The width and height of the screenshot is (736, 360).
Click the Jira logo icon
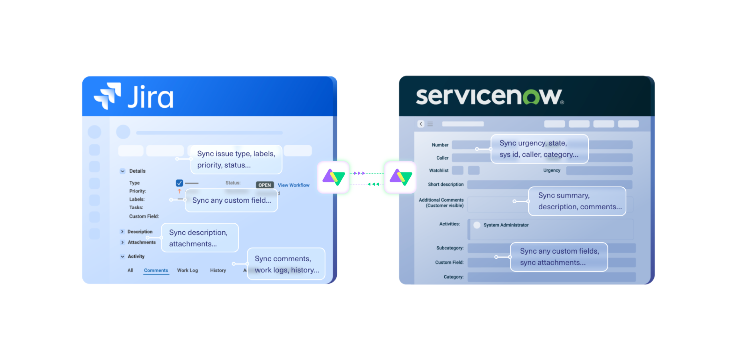[108, 96]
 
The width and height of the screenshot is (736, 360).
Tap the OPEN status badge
[265, 185]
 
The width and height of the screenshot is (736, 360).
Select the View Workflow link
[294, 185]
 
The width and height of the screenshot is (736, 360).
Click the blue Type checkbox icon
[179, 183]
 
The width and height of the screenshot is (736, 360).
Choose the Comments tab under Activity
[156, 270]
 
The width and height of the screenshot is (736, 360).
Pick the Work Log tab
[188, 270]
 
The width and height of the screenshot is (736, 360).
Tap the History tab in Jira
[218, 270]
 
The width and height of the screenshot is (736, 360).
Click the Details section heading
[137, 171]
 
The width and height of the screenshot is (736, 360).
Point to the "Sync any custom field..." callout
[232, 200]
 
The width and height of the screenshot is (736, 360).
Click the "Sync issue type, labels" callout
[236, 159]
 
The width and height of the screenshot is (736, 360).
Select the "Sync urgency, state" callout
[539, 149]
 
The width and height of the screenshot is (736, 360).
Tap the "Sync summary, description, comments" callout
[577, 201]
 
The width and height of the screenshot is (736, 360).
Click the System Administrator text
[506, 225]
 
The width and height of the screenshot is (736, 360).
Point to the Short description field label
[446, 184]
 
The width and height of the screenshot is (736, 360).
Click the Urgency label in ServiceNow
[552, 170]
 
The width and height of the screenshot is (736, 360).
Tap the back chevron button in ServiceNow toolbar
[421, 124]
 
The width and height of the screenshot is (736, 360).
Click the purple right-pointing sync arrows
[359, 173]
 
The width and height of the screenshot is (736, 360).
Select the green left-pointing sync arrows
[373, 184]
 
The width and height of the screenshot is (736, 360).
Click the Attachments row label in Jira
[142, 242]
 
